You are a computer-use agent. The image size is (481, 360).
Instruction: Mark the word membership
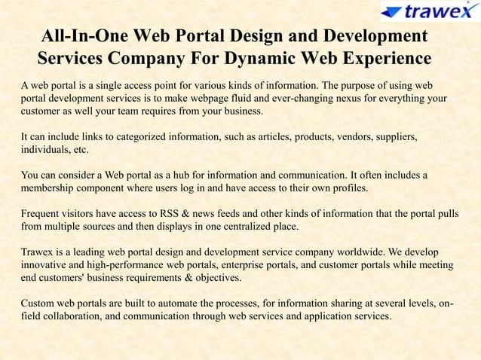(49, 188)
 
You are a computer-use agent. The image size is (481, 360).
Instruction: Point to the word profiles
(348, 188)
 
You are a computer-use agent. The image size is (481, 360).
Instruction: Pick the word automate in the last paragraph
(187, 303)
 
